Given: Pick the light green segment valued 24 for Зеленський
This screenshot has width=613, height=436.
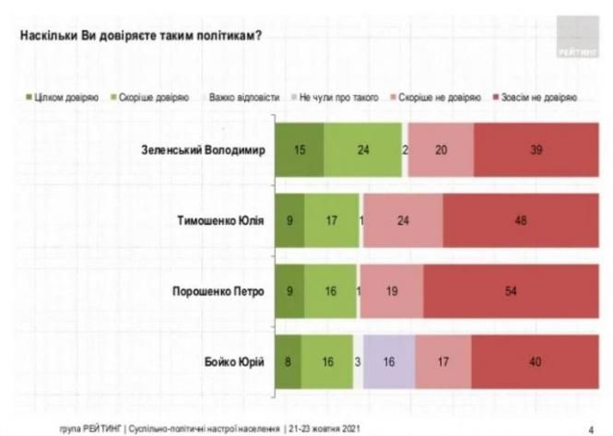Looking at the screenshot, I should click(363, 149).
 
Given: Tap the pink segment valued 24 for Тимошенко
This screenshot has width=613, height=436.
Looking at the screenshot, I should click(402, 221).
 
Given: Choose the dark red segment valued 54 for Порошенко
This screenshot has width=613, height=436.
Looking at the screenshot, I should click(510, 292).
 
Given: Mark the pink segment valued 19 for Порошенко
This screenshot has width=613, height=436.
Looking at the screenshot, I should click(392, 292).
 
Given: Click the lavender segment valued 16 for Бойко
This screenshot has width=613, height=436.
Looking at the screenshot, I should click(388, 360).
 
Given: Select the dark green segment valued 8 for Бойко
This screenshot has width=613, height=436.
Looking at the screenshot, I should click(289, 360).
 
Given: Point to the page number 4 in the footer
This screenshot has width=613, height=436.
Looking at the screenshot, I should click(590, 429).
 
